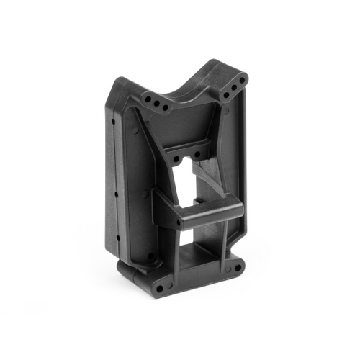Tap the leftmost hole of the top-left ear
point(148,100)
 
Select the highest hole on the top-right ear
point(242,79)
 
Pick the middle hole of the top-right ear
point(234,87)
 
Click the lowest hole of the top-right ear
point(226,94)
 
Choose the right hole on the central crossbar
point(196,153)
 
